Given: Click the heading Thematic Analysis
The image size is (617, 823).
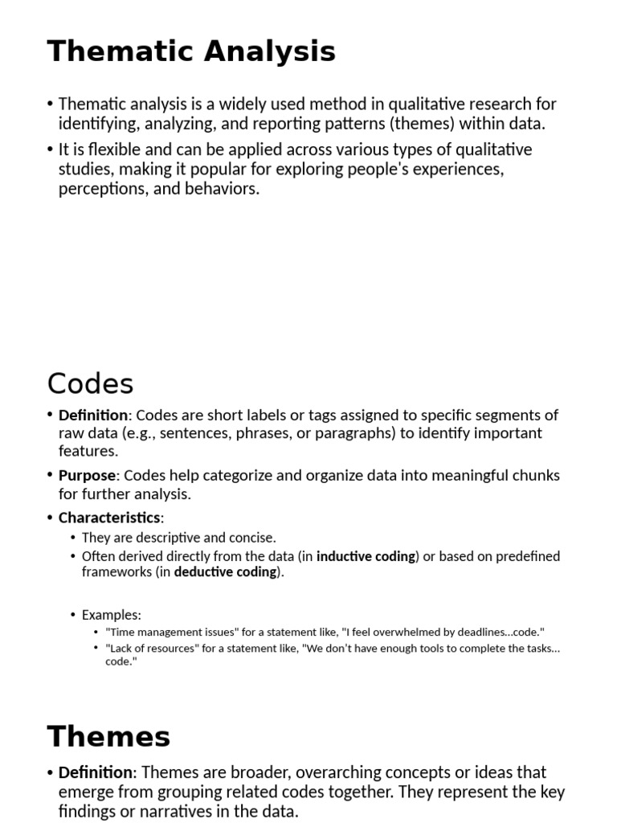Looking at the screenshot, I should [191, 52].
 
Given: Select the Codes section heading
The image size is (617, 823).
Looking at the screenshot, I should [90, 383].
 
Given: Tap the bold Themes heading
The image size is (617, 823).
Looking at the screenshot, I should [108, 736].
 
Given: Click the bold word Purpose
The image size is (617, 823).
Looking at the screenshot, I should [88, 476].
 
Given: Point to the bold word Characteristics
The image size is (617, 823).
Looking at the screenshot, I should [109, 518].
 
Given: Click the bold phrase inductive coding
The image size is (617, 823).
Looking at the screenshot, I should [366, 556].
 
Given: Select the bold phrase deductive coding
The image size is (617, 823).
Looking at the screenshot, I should [225, 572].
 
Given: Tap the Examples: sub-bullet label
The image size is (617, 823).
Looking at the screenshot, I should [111, 615].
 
